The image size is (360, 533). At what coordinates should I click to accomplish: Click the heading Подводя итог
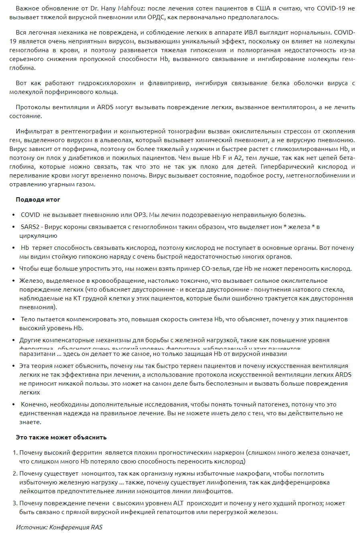(38, 200)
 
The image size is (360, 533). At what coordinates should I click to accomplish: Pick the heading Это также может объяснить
(61, 437)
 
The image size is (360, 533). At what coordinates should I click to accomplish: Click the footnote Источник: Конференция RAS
(59, 527)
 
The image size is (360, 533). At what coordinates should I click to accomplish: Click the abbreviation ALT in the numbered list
(178, 503)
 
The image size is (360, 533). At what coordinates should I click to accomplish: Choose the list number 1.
(15, 453)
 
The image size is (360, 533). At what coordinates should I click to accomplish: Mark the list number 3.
(15, 503)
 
